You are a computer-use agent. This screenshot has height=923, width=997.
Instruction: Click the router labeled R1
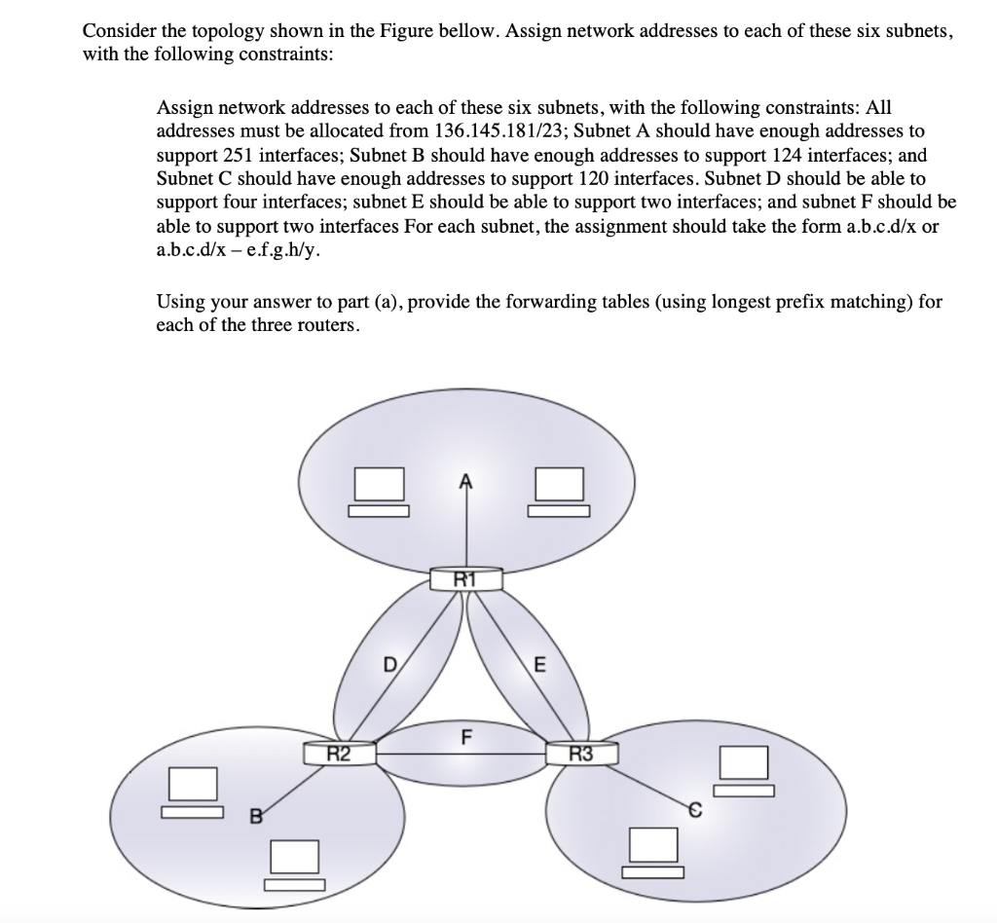pyautogui.click(x=466, y=581)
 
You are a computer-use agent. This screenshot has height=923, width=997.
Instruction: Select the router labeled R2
pyautogui.click(x=339, y=752)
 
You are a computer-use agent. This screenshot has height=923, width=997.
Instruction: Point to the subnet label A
pyautogui.click(x=465, y=479)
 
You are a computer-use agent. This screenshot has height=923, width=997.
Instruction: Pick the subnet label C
pyautogui.click(x=695, y=807)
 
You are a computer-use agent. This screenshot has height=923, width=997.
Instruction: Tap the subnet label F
pyautogui.click(x=466, y=735)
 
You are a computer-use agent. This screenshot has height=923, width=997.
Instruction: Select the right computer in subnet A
pyautogui.click(x=558, y=491)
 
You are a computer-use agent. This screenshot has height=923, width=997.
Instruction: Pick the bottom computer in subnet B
pyautogui.click(x=293, y=863)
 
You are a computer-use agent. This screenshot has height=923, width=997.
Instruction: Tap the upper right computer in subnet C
pyautogui.click(x=745, y=769)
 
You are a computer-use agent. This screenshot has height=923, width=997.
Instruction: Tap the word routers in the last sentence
pyautogui.click(x=328, y=324)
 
